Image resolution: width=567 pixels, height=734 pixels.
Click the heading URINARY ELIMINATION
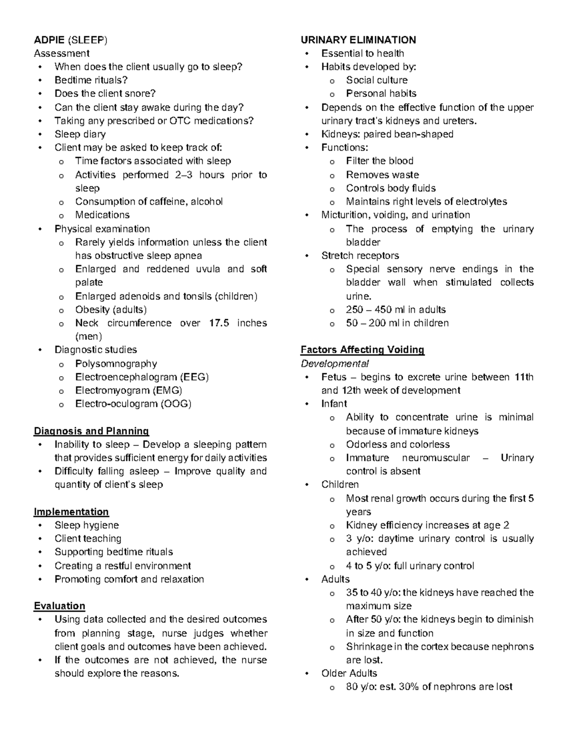point(358,40)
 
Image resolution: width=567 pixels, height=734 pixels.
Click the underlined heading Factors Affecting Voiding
point(362,350)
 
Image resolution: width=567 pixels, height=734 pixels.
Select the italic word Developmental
point(335,363)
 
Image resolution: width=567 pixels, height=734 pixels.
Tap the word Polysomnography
point(116,363)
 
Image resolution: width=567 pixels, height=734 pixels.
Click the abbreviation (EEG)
point(194,377)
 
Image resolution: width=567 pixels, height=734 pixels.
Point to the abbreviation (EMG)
point(167,390)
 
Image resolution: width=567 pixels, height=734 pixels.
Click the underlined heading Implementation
point(71,512)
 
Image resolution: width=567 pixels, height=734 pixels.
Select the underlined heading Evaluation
point(60,606)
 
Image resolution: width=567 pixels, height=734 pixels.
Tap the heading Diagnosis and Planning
point(91,431)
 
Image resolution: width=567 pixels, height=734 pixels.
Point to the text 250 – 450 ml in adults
point(395,310)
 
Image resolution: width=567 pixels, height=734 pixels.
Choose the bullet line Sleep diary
point(80,134)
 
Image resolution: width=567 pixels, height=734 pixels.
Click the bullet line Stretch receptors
point(360,256)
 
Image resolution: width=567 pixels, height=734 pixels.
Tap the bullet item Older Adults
point(349,673)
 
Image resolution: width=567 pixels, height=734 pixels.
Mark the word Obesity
point(93,310)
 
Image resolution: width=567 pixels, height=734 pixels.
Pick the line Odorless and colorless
point(397,444)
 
